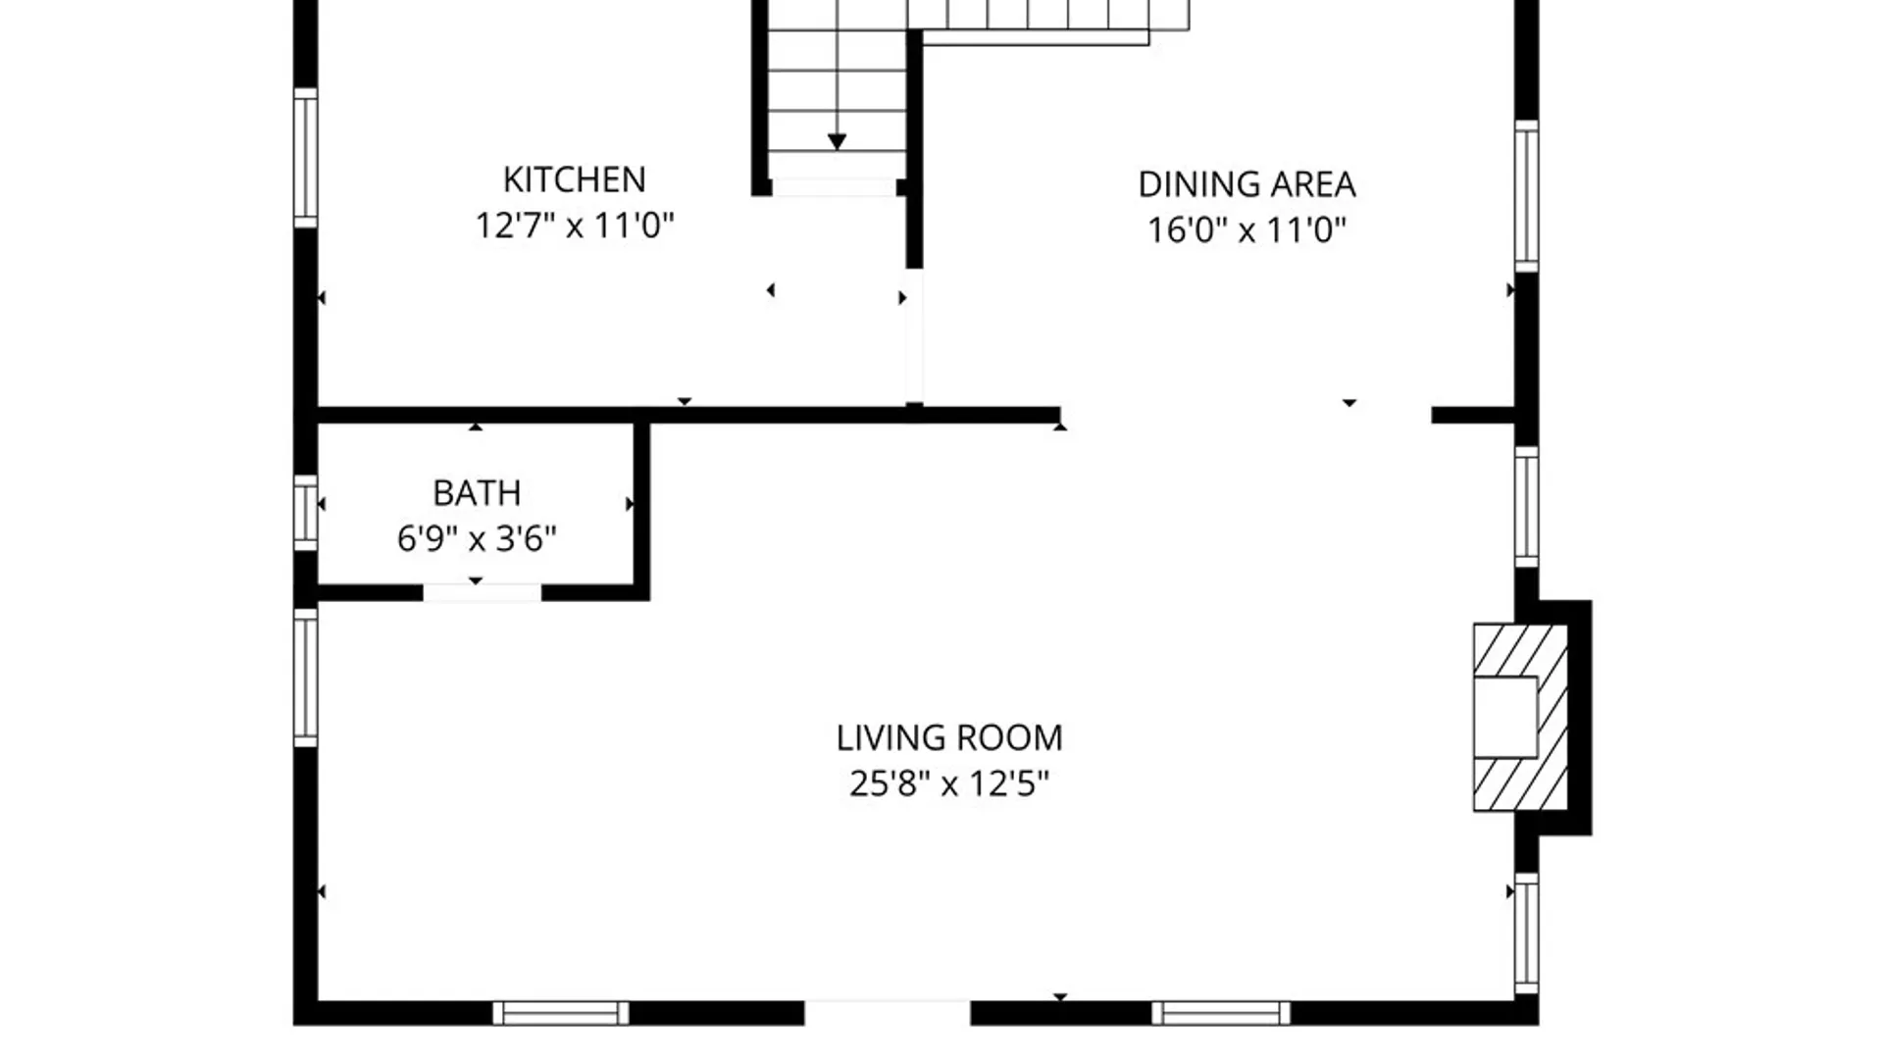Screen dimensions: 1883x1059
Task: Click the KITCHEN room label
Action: click(574, 179)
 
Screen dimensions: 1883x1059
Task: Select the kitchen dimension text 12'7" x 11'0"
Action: click(575, 226)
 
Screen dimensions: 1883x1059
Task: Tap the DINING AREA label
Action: click(1247, 184)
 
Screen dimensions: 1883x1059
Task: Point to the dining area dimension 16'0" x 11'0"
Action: click(1247, 230)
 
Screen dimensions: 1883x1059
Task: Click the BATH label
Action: click(477, 492)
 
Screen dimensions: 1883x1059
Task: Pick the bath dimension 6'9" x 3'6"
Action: click(477, 538)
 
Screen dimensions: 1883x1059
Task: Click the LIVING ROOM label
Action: click(949, 737)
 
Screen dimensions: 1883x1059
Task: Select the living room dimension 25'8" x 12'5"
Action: click(949, 783)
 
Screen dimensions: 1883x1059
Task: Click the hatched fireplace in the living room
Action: click(1520, 718)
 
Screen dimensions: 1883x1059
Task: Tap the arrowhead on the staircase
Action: click(837, 142)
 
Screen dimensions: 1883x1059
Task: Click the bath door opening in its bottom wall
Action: click(482, 592)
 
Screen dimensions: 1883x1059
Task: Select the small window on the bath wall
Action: click(306, 512)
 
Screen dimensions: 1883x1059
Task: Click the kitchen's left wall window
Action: click(306, 158)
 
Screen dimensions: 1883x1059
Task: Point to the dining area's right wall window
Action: click(1526, 195)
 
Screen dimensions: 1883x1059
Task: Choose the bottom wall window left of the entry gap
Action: click(561, 1013)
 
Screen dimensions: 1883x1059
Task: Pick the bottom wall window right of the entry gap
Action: click(1221, 1013)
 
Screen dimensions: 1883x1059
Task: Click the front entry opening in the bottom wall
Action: click(888, 1013)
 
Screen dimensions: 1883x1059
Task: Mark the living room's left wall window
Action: click(306, 677)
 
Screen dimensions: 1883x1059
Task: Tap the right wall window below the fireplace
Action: click(1526, 933)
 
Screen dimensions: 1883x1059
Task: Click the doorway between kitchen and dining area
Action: click(914, 335)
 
